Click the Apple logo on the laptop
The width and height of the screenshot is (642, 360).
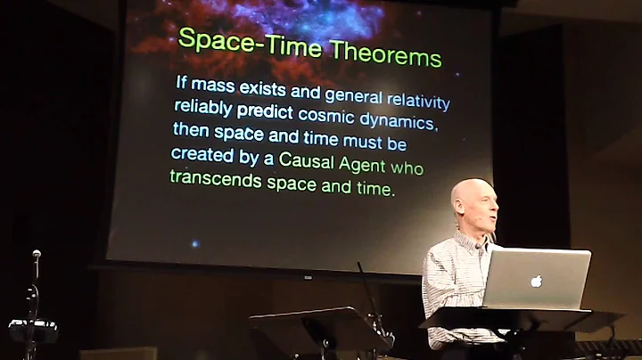point(536,282)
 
